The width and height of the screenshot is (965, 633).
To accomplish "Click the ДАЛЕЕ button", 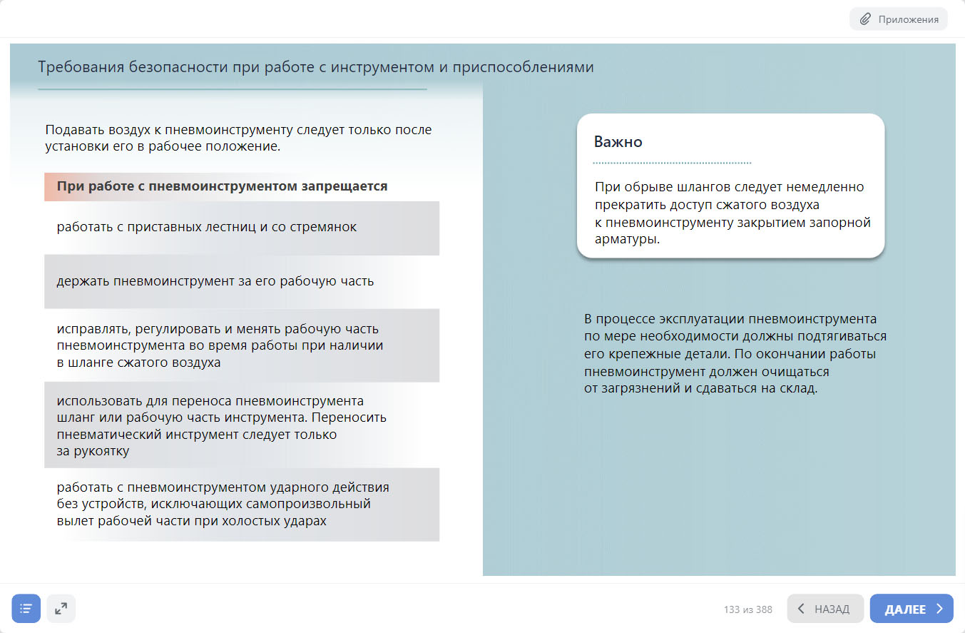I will (911, 609).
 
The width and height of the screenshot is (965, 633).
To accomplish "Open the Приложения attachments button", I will (898, 19).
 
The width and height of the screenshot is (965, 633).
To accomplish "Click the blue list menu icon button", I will (26, 609).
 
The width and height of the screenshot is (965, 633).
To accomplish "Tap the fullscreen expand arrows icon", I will (61, 609).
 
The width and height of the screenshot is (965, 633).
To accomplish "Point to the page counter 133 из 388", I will (747, 609).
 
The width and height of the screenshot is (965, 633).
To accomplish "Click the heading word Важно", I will (618, 142).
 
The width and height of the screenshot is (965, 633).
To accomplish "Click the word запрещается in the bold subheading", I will (352, 186).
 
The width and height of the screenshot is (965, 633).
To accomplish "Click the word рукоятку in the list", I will (102, 451).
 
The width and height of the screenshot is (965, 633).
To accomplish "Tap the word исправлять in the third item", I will (89, 329).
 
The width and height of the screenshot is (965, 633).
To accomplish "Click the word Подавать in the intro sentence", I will (74, 130).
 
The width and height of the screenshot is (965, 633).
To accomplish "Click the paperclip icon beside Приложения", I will (865, 19).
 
